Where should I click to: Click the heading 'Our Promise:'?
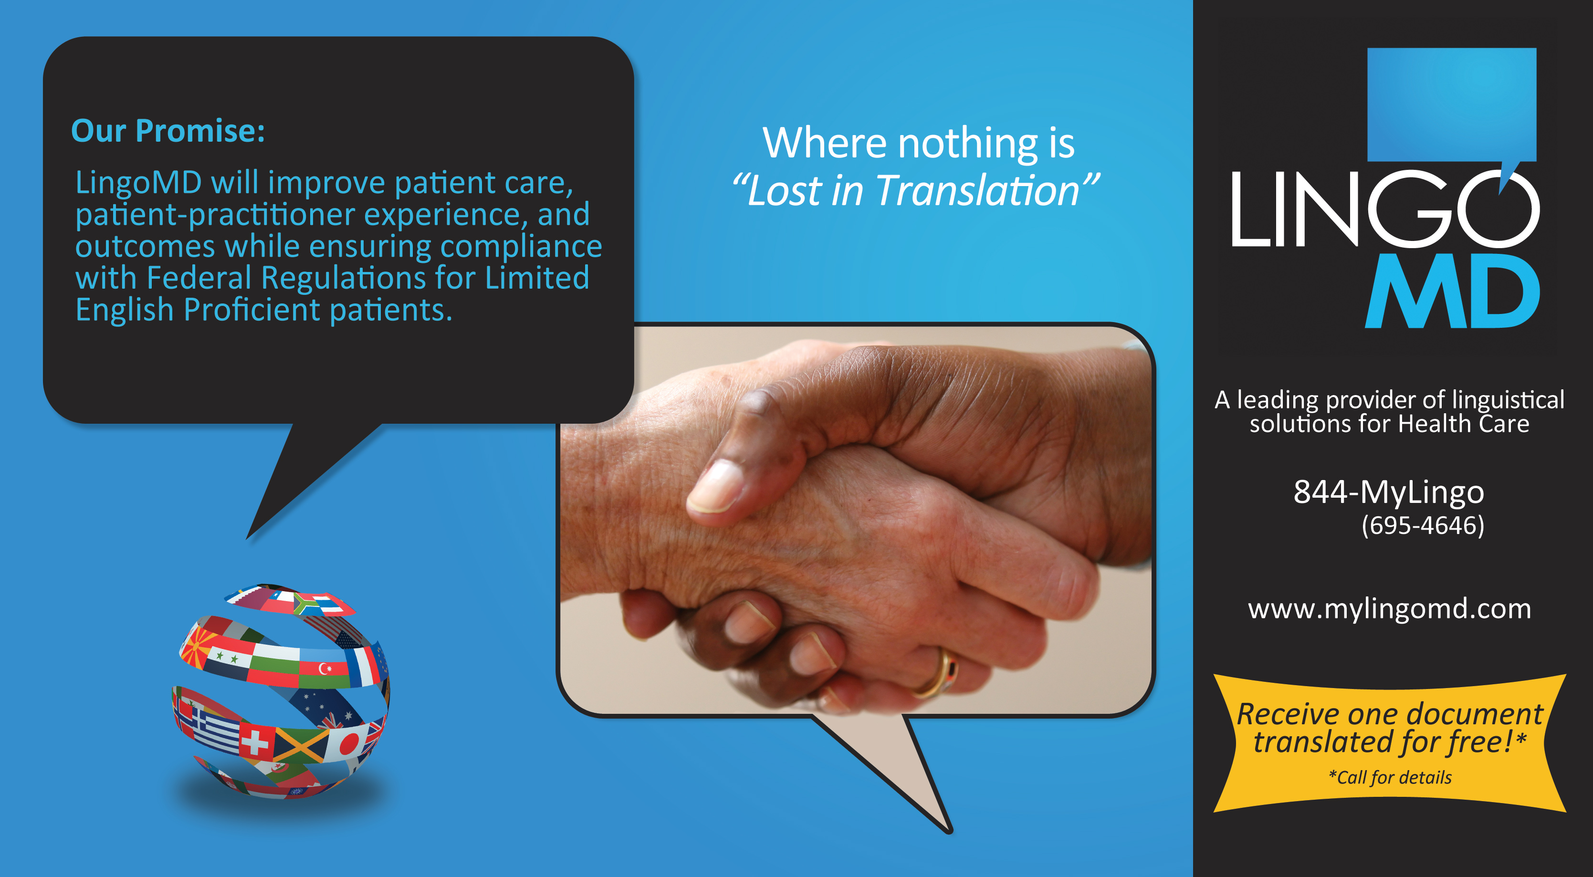(x=168, y=131)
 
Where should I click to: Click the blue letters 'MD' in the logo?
(x=1453, y=291)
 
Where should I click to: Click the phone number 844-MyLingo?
(x=1389, y=493)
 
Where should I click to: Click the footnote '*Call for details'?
(x=1390, y=777)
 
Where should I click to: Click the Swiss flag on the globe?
(x=255, y=741)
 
